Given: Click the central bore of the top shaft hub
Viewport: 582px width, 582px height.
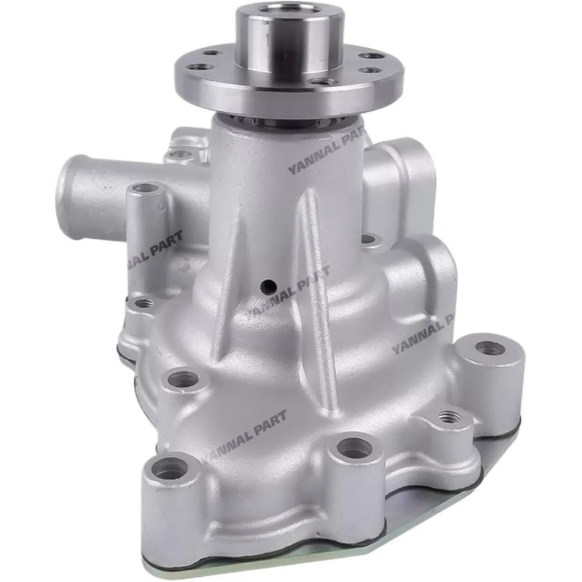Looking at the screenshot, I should tap(290, 13).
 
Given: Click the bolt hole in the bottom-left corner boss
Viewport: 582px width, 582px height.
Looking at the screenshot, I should tap(170, 468).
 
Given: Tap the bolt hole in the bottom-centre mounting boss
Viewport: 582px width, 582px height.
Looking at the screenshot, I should tap(353, 448).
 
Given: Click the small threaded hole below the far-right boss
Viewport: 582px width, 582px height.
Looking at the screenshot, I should tap(448, 417).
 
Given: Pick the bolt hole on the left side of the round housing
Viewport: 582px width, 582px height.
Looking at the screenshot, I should tap(183, 379).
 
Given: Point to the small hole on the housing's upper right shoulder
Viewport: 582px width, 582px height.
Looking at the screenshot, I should tap(367, 239).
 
